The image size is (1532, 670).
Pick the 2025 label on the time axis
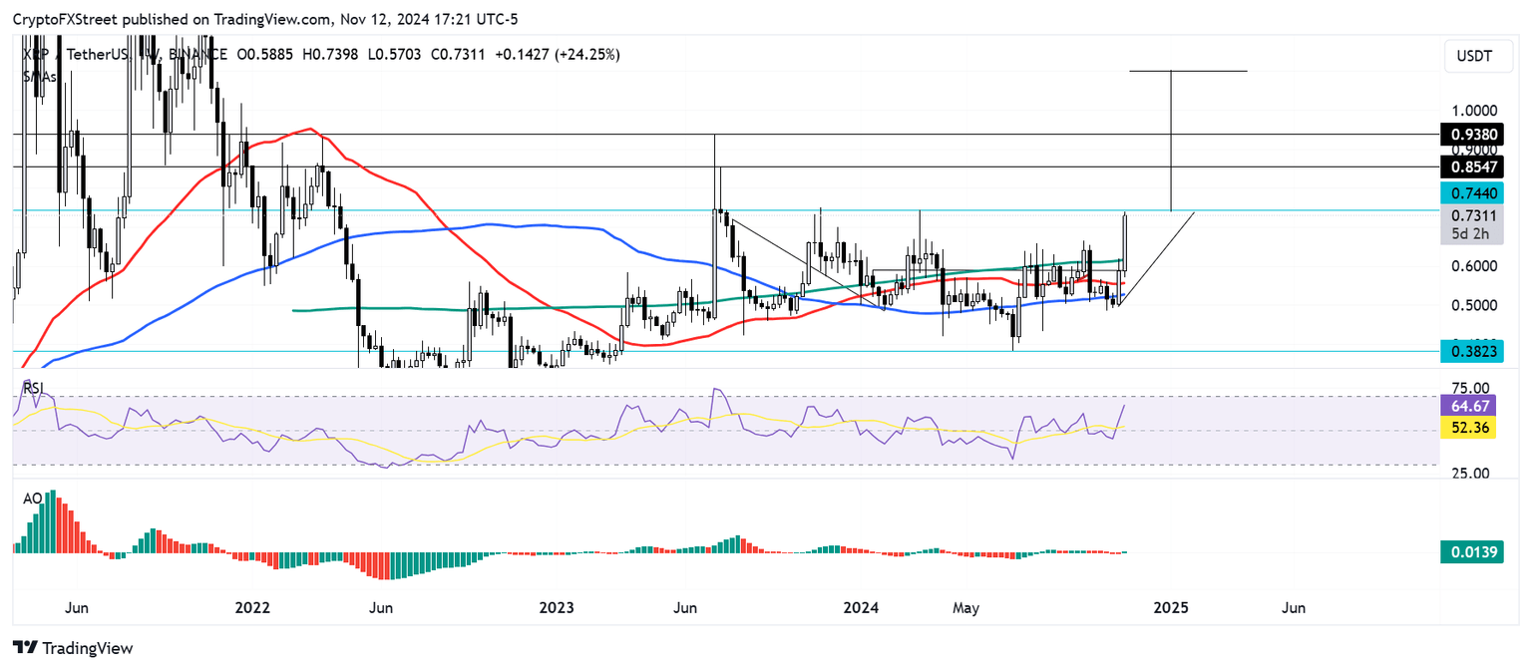pos(1169,607)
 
